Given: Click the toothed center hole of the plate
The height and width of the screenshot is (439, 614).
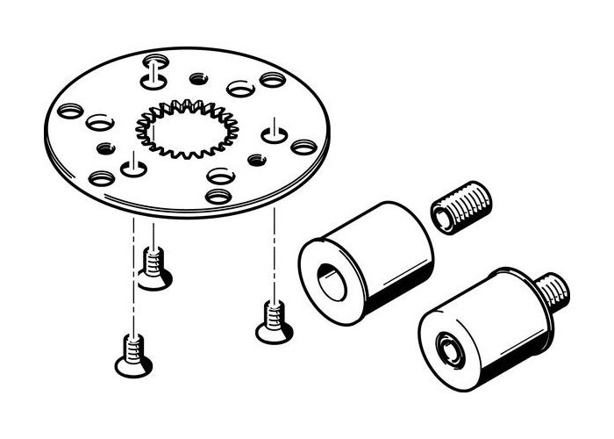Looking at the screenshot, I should (x=181, y=129).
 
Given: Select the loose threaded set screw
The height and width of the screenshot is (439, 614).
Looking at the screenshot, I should (x=462, y=209).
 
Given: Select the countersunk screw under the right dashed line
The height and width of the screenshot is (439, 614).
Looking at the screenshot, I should (x=273, y=321).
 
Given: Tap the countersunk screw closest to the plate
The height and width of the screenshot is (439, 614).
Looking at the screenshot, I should (x=153, y=268).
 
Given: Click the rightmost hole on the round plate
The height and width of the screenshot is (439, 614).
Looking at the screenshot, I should (x=303, y=147).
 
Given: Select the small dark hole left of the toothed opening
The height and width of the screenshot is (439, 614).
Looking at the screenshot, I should (x=106, y=147).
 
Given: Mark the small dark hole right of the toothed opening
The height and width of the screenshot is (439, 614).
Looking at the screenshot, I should (x=257, y=160).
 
